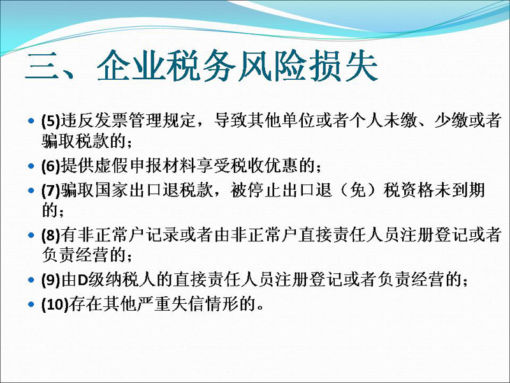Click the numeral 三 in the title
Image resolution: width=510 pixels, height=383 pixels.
[43, 66]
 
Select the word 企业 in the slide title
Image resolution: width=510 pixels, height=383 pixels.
[132, 66]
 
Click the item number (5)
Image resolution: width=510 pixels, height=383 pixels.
[51, 121]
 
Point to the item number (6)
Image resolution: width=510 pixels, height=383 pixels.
[51, 166]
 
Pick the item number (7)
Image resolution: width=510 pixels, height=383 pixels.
[51, 190]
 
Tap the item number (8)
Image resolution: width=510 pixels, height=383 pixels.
[51, 236]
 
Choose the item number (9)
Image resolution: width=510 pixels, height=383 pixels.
[51, 280]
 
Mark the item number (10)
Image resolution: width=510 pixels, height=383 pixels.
[55, 304]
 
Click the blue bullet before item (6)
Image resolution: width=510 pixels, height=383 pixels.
[31, 166]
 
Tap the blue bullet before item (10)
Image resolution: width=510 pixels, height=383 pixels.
[31, 304]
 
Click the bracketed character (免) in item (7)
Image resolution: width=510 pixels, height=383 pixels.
[358, 190]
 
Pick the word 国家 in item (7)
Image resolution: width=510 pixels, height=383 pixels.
[111, 190]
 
